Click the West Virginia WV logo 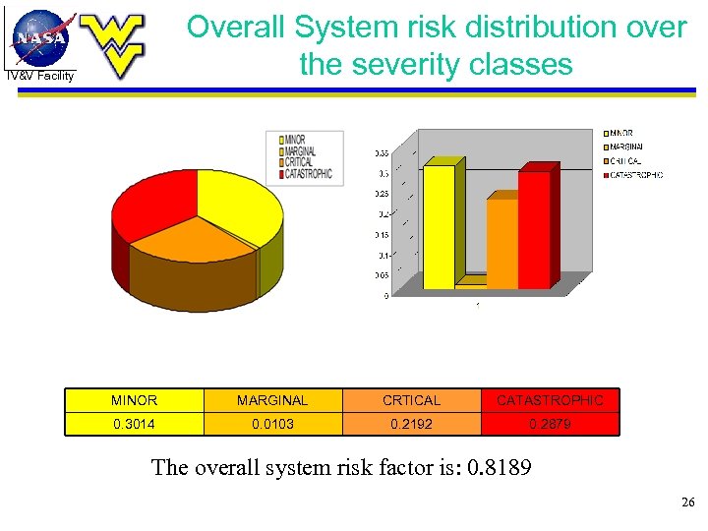coord(110,45)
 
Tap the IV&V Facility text coord(39,76)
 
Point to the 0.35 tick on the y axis coord(381,152)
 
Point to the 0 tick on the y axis coord(384,295)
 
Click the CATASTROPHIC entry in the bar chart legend coord(636,175)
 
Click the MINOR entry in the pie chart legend coord(296,141)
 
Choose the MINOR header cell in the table coord(135,400)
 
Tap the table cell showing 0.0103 coord(272,424)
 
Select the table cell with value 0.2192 coord(411,424)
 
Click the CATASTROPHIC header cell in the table coord(550,400)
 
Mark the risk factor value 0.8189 coord(499,467)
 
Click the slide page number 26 coord(687,503)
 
